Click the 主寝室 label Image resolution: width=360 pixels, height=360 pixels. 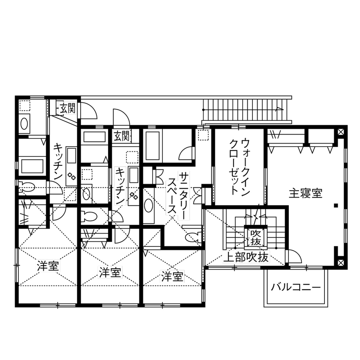point(306,193)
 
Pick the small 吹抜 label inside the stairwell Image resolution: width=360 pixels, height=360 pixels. point(256,237)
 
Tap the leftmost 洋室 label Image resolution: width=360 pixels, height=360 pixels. point(48,266)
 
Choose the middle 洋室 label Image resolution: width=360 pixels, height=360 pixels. point(110,272)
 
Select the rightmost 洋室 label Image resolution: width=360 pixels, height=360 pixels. point(173,276)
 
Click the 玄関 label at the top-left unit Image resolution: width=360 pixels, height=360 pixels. point(67,108)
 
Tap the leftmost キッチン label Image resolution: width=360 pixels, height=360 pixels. point(58,163)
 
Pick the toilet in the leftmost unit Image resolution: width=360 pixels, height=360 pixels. point(28,187)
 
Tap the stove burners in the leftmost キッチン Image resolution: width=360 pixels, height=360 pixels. point(71,176)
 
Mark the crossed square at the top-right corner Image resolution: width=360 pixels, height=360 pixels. point(340,132)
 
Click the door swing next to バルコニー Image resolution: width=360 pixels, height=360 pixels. point(294,257)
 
